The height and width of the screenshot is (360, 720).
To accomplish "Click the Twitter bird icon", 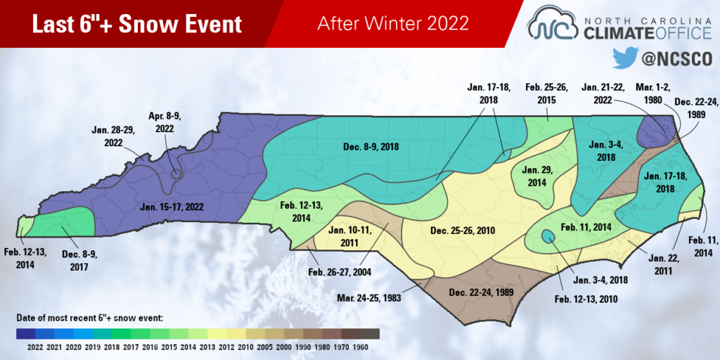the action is pyautogui.click(x=626, y=58).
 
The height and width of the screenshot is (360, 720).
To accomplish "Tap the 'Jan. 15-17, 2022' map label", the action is pyautogui.click(x=171, y=207).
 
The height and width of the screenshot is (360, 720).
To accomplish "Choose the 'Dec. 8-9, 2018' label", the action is pyautogui.click(x=371, y=147).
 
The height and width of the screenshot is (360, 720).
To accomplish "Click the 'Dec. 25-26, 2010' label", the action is pyautogui.click(x=463, y=231).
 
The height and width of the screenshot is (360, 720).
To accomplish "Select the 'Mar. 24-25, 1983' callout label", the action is pyautogui.click(x=368, y=298).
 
